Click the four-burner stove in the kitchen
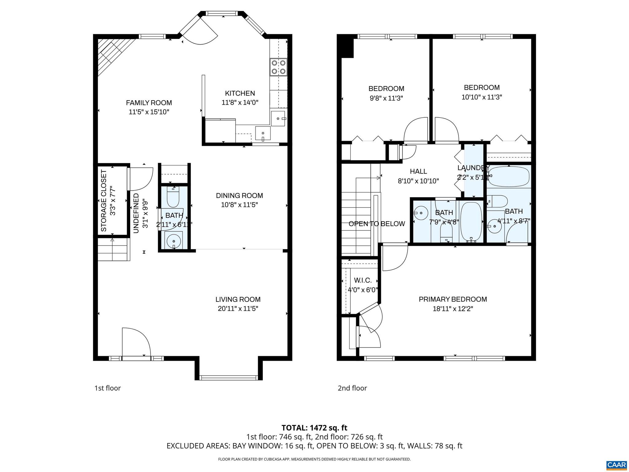point(279,67)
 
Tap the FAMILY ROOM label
point(149,103)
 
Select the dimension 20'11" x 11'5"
point(238,309)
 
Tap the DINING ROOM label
point(240,195)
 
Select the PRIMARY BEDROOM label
point(453,299)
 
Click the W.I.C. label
point(363,280)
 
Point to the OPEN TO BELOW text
point(377,224)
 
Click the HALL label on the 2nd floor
point(418,171)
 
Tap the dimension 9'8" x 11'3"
point(386,98)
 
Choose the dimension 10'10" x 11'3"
point(482,97)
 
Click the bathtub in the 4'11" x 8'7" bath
point(509,176)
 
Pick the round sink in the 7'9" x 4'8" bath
point(421,212)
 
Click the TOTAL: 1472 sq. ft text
point(314,428)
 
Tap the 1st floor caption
point(107,388)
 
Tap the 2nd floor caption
point(352,388)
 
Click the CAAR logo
point(616,464)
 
